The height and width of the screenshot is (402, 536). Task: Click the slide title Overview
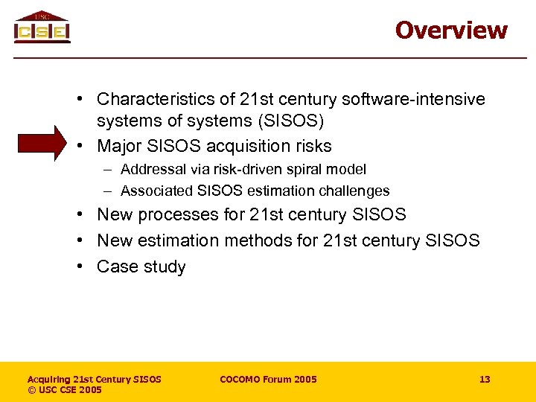[451, 31]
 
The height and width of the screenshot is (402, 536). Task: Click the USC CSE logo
[42, 28]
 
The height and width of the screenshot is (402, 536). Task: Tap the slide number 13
[485, 380]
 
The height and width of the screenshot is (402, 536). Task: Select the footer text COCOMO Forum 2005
[268, 380]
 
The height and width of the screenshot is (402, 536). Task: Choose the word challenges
[354, 191]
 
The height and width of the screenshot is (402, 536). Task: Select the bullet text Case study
[141, 267]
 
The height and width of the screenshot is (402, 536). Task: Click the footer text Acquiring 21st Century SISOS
[94, 380]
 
